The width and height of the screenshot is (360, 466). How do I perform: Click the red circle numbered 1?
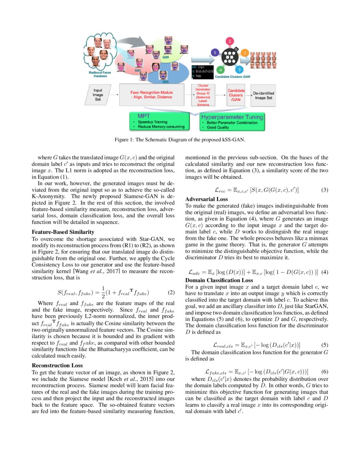coord(230,41)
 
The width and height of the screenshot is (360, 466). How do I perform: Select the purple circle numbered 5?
coord(215,53)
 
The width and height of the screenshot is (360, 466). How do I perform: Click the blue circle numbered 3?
coord(239,69)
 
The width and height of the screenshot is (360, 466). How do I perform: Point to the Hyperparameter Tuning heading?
coord(233,116)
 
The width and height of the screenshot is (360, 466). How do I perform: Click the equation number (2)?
coord(171,292)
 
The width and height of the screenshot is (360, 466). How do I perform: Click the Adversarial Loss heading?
coord(207,199)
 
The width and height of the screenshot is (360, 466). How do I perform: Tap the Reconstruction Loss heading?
coord(57,365)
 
